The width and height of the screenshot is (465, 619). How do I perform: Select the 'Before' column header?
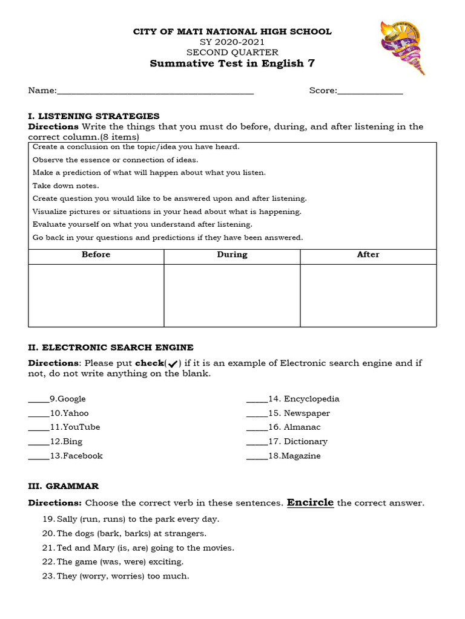click(96, 255)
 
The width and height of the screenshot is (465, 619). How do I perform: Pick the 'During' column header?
click(232, 255)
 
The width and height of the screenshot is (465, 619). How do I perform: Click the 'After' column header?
click(368, 255)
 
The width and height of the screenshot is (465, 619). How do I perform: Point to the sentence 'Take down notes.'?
click(65, 186)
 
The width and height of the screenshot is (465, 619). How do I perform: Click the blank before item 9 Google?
click(39, 400)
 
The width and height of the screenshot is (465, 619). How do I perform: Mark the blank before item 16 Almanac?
click(257, 428)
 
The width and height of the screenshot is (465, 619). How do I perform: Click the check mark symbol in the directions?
click(173, 363)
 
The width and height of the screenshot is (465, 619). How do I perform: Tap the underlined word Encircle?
click(310, 502)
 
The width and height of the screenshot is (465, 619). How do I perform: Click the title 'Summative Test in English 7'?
click(232, 63)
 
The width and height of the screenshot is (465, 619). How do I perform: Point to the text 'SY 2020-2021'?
click(232, 42)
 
